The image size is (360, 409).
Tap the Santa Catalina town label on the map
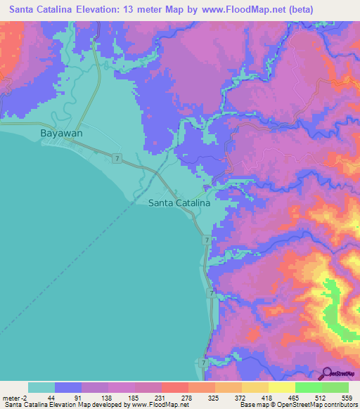[179, 202]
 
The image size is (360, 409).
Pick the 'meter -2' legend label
[13, 397]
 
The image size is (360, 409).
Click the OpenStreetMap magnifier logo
[326, 374]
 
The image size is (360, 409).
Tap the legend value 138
[108, 397]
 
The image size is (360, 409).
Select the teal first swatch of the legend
[41, 387]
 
